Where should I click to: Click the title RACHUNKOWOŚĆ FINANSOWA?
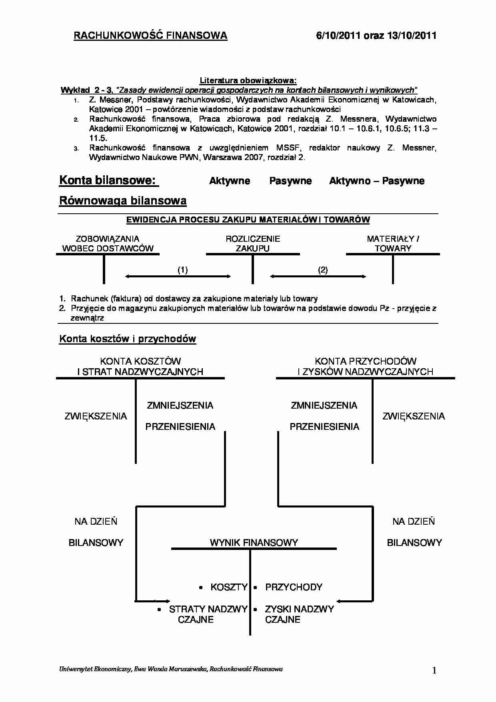(x=150, y=36)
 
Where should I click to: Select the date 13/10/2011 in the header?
(x=412, y=36)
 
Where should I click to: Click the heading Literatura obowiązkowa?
(x=248, y=80)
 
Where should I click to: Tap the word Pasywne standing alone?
(x=290, y=181)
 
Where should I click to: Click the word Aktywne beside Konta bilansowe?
(x=230, y=181)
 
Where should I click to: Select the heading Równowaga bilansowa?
(x=123, y=201)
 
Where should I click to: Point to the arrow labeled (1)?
(x=178, y=276)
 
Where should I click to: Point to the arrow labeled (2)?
(x=318, y=276)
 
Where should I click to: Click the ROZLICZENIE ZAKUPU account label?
(x=253, y=243)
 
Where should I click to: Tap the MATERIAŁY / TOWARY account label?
(x=393, y=243)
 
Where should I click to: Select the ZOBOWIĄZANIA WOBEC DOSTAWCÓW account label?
(x=108, y=243)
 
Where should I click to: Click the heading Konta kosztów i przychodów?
(x=128, y=339)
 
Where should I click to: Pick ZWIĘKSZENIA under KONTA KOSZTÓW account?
(x=96, y=416)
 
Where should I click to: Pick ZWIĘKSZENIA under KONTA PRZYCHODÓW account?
(x=414, y=416)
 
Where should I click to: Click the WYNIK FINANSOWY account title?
(x=254, y=543)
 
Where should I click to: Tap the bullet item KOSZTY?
(x=229, y=587)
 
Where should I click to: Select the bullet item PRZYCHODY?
(x=294, y=587)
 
